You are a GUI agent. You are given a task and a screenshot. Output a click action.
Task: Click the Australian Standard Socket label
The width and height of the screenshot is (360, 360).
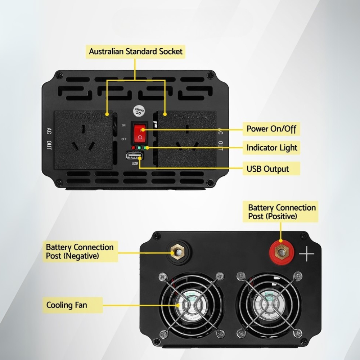(136, 51)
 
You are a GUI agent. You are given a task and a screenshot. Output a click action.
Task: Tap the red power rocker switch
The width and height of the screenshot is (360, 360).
(140, 133)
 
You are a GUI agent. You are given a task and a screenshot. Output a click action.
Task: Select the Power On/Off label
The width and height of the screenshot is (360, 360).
(271, 129)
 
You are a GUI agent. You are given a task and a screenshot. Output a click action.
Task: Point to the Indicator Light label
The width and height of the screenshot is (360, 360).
(272, 148)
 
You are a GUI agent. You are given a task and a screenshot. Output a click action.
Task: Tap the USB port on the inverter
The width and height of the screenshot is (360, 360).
(135, 156)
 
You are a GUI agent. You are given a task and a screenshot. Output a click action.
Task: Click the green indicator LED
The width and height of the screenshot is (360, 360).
(139, 148)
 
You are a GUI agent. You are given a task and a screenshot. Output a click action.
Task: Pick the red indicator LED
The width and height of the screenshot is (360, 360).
(134, 148)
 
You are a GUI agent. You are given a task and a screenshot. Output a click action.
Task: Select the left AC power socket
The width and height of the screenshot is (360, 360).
(83, 140)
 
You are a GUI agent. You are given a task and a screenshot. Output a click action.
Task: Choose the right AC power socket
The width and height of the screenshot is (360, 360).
(187, 140)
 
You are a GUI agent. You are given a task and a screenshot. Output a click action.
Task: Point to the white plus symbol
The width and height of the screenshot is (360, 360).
(306, 254)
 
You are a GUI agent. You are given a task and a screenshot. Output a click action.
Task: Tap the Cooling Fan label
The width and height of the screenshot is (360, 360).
(67, 305)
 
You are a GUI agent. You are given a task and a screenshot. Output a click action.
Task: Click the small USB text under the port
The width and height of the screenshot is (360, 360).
(135, 164)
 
